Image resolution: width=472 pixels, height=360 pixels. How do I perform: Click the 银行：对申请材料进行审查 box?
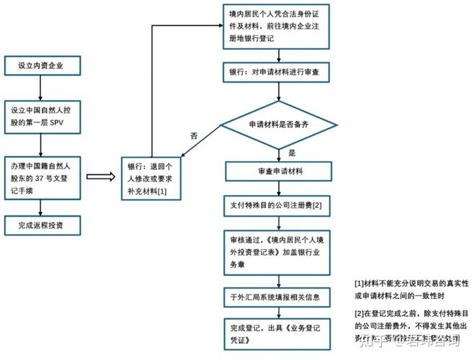(x=278, y=73)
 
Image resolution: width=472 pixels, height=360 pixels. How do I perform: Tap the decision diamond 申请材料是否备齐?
(x=278, y=125)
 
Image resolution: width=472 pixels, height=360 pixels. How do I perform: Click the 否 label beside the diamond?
(x=193, y=135)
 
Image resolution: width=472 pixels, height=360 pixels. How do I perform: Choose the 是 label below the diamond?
(x=292, y=153)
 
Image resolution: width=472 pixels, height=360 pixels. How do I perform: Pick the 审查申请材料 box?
(x=278, y=171)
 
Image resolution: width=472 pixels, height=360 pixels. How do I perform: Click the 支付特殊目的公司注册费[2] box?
(x=278, y=206)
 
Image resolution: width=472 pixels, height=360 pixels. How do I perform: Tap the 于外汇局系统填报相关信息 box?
(x=278, y=296)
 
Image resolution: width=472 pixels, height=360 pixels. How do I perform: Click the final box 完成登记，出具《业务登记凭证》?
(x=278, y=333)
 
